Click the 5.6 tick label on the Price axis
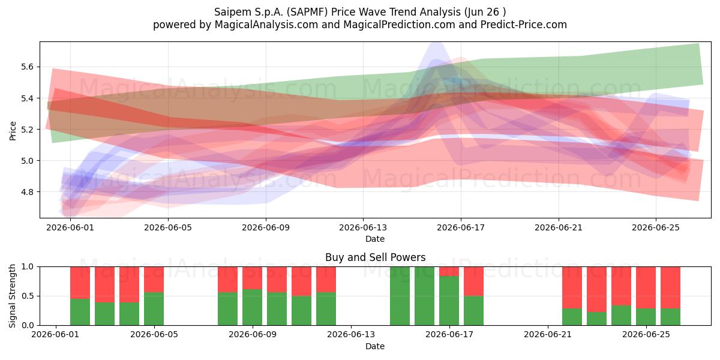[27, 67]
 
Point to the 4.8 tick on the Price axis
[27, 192]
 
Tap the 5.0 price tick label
[27, 161]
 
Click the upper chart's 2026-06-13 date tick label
[363, 227]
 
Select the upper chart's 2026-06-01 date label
[70, 227]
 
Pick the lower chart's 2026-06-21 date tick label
[548, 334]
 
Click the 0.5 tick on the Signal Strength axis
[27, 296]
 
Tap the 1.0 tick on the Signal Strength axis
[27, 267]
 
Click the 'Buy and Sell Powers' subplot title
[375, 257]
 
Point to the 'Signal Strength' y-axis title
[12, 296]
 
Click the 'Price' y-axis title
[13, 131]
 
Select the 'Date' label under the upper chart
[375, 239]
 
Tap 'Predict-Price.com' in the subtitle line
[524, 25]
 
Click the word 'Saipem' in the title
[232, 12]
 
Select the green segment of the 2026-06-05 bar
[154, 308]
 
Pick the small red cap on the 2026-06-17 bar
[449, 271]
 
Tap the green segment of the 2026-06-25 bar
[646, 317]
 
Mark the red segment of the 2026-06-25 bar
[646, 287]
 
